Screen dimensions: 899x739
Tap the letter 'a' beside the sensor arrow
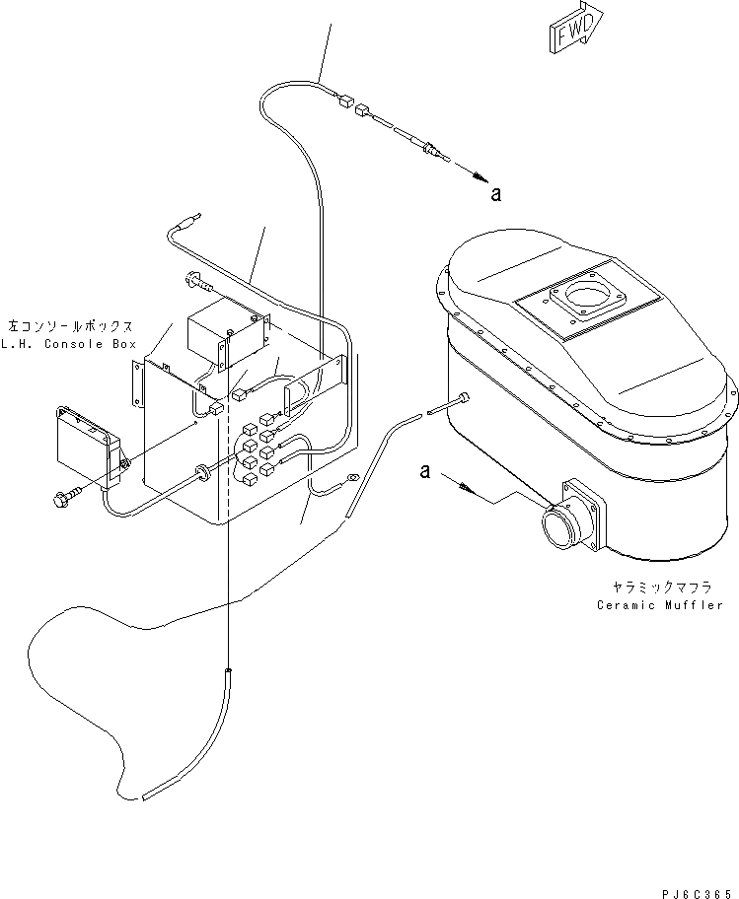click(x=495, y=194)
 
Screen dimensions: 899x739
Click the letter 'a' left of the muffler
click(x=425, y=472)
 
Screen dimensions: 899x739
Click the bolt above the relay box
click(x=194, y=282)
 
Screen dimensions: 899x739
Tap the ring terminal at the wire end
click(x=348, y=482)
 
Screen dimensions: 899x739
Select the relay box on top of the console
click(x=226, y=333)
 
